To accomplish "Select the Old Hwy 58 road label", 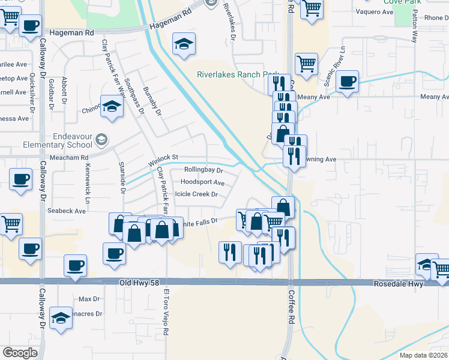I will coord(141,283).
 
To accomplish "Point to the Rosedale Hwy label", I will coord(398,284).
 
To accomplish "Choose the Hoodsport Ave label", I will coord(202,182).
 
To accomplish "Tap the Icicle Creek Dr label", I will coord(196,194).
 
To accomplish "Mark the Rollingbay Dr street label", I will coord(203,170).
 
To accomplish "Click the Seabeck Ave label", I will coord(67,211).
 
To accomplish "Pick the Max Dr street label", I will coord(89,299).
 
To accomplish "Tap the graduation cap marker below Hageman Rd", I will coord(184,43).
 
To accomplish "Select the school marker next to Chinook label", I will coord(112,106).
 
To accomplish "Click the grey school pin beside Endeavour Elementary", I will coord(101,140).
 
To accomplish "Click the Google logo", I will coord(20,352).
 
